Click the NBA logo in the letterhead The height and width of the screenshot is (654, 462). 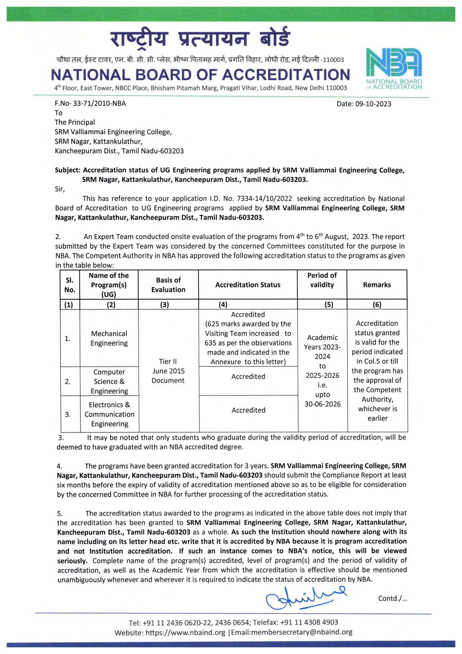pyautogui.click(x=394, y=68)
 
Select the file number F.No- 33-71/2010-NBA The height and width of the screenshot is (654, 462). pyautogui.click(x=90, y=103)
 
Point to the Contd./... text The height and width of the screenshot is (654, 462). pyautogui.click(x=392, y=598)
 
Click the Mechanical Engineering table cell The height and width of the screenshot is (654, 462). pyautogui.click(x=109, y=338)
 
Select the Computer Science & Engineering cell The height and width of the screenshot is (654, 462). pyautogui.click(x=109, y=381)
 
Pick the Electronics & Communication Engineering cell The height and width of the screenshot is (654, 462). pyautogui.click(x=109, y=414)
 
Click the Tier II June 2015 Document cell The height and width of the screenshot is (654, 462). pyautogui.click(x=168, y=371)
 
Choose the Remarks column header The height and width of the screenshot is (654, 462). pyautogui.click(x=377, y=285)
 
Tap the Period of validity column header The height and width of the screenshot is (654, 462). pyautogui.click(x=322, y=280)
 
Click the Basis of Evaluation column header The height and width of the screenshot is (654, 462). pyautogui.click(x=168, y=285)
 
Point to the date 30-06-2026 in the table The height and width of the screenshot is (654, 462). pyautogui.click(x=322, y=404)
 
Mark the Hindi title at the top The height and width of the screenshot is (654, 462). pyautogui.click(x=200, y=39)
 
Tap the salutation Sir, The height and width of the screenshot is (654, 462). pyautogui.click(x=60, y=189)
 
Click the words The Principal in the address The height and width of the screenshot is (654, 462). pyautogui.click(x=75, y=122)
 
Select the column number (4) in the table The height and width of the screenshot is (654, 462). pyautogui.click(x=223, y=305)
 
